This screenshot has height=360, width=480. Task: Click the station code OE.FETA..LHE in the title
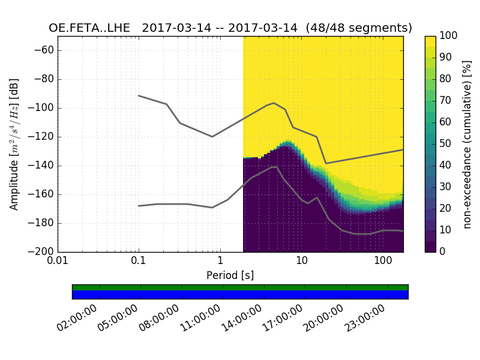pyautogui.click(x=91, y=28)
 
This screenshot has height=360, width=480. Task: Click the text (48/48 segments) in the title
pyautogui.click(x=358, y=28)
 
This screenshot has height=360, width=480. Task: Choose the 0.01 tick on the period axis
pyautogui.click(x=58, y=261)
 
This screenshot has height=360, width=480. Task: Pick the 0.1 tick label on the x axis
pyautogui.click(x=139, y=261)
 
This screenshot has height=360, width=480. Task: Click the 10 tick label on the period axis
pyautogui.click(x=302, y=261)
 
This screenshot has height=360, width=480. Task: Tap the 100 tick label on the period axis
pyautogui.click(x=383, y=261)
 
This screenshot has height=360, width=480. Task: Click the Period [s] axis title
pyautogui.click(x=230, y=275)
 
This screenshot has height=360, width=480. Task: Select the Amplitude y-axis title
pyautogui.click(x=14, y=144)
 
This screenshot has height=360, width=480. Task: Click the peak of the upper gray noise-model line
pyautogui.click(x=274, y=103)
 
